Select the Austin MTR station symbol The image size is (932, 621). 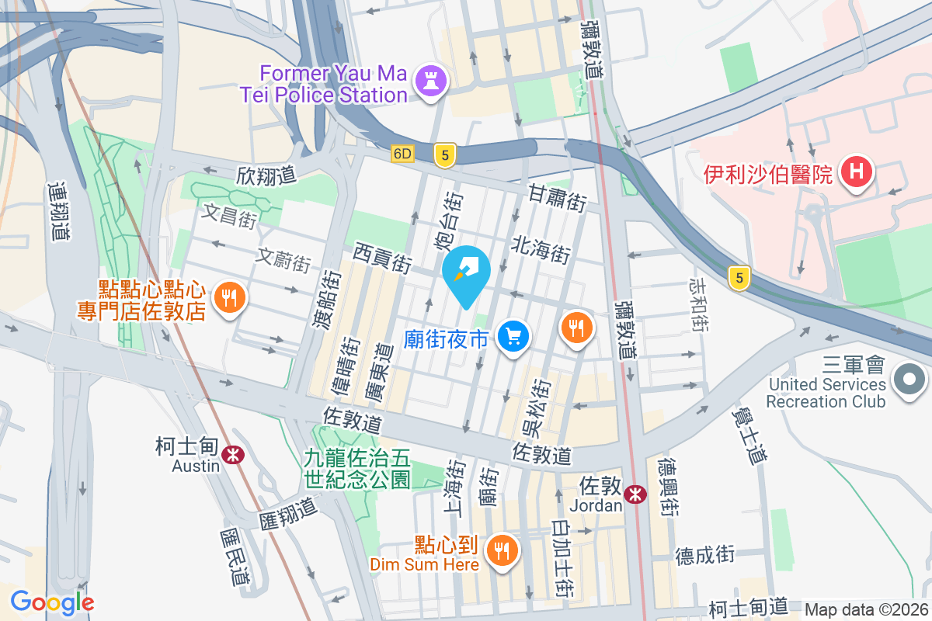click(x=231, y=456)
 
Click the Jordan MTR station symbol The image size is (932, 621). click(x=635, y=493)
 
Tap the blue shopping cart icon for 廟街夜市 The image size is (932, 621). click(x=513, y=337)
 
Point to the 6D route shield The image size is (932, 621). click(x=402, y=154)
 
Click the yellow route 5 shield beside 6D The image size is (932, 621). click(x=444, y=155)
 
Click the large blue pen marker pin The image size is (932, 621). click(x=467, y=273)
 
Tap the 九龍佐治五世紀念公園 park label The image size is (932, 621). click(x=357, y=469)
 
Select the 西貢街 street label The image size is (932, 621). click(x=381, y=257)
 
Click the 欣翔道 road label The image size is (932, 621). click(x=266, y=175)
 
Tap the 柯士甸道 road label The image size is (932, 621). click(x=748, y=606)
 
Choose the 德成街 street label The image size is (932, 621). click(x=704, y=554)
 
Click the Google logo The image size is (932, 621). click(x=52, y=602)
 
